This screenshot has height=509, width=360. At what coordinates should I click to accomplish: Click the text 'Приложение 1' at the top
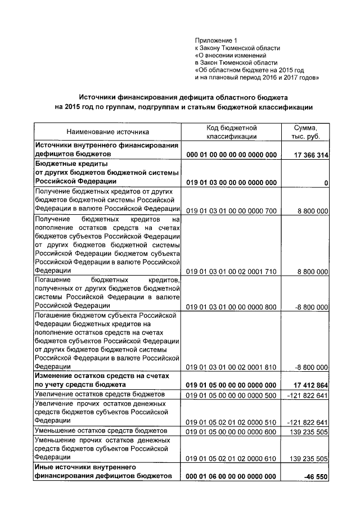tap(217, 40)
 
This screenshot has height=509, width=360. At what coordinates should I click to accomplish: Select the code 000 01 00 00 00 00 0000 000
tap(231, 155)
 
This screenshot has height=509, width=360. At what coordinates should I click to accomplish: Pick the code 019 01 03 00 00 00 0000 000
tap(231, 183)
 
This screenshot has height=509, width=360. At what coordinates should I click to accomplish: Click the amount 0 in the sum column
tap(326, 183)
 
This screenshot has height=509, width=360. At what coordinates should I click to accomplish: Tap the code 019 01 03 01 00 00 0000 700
tap(231, 210)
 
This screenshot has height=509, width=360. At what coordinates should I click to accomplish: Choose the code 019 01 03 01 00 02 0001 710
tap(231, 271)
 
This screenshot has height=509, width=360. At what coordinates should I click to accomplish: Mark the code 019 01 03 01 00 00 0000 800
tap(231, 307)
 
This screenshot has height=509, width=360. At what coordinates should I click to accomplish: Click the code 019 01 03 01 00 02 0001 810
tap(231, 367)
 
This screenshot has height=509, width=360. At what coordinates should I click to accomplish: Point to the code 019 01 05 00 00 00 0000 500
tap(231, 395)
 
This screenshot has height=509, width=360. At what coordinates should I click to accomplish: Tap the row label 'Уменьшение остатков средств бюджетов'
tap(100, 430)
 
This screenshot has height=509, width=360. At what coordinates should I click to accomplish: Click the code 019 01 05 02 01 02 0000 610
tap(231, 458)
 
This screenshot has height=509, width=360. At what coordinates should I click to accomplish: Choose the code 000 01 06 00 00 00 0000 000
tap(231, 476)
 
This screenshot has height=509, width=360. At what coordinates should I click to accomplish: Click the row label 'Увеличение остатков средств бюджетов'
tap(100, 395)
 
